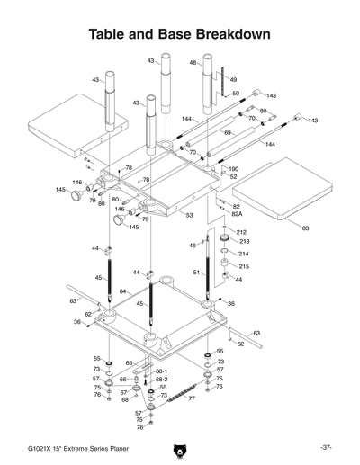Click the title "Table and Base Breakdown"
180,33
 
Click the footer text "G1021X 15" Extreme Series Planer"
70,447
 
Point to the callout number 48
193,62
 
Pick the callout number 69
228,132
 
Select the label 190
234,168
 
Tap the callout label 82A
238,215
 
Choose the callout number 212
241,232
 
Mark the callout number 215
241,266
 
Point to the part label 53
189,215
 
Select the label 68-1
161,371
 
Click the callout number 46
192,245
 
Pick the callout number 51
197,273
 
